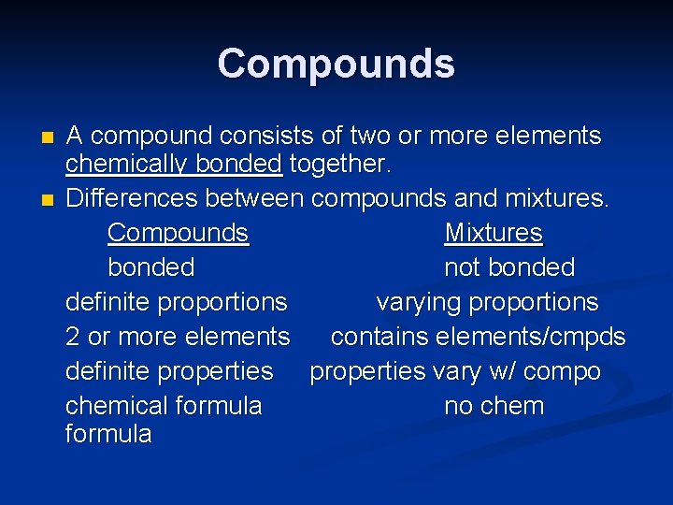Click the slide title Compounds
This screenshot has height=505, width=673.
coord(336,64)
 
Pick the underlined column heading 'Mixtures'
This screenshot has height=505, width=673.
coord(493,233)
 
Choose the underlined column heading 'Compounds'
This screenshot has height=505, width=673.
coord(178,233)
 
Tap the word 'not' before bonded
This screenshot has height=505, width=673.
coord(463,267)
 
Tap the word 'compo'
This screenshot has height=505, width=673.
coord(561,371)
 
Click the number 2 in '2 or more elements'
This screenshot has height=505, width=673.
coord(73,337)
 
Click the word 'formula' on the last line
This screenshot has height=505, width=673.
coord(108,434)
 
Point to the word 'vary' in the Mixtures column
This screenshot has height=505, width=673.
coord(453,371)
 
